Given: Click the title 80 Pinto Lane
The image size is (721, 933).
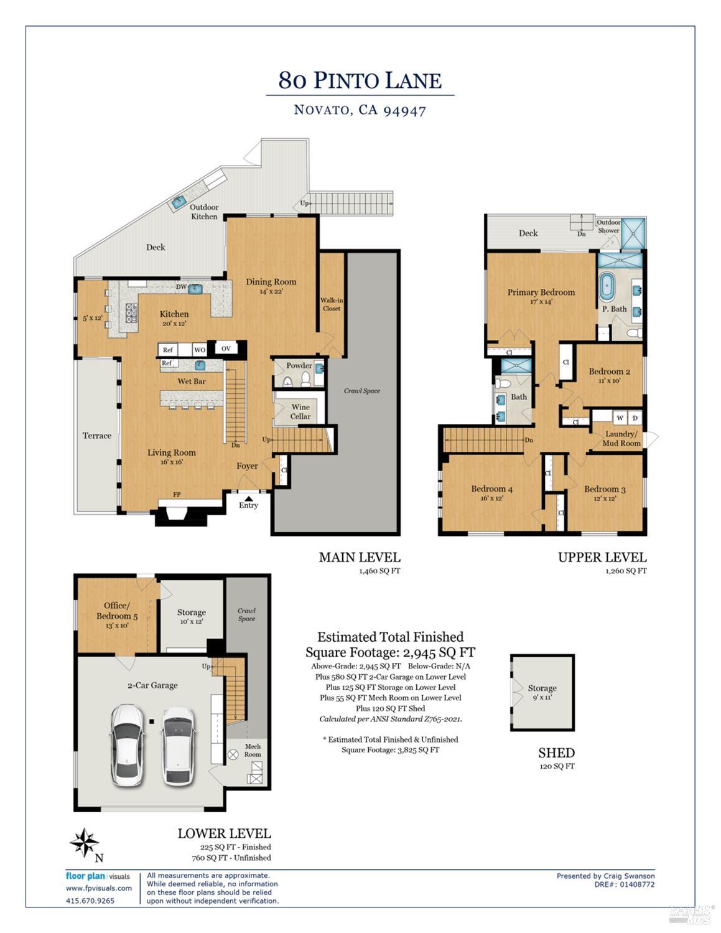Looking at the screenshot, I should (360, 80).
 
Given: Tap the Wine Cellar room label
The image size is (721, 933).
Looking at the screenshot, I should (300, 411).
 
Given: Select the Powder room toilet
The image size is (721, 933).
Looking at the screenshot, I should (287, 381).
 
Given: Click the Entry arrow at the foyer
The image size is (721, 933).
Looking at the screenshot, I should (248, 498).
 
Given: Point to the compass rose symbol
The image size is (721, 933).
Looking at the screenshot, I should (84, 843).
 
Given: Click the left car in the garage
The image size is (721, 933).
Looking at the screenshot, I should (128, 744).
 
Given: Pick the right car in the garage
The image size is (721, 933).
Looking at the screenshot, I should (177, 745).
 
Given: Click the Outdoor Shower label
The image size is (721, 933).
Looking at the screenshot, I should (608, 226).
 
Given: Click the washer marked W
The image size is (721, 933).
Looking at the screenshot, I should (620, 417).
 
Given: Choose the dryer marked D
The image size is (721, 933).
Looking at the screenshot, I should (635, 417).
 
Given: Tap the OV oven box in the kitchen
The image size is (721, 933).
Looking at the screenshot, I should (226, 349).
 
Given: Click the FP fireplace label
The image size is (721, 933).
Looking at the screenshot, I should (177, 495).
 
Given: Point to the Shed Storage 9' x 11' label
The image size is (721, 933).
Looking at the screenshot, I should (542, 692).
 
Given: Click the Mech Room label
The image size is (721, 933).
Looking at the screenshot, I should (253, 750).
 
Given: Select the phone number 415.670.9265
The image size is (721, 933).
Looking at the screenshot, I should (90, 900).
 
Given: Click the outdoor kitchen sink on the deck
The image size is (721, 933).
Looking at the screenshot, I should (180, 201).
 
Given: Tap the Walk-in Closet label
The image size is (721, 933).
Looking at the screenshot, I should (332, 304).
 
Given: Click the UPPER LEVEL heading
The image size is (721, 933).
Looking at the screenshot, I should (602, 557).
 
